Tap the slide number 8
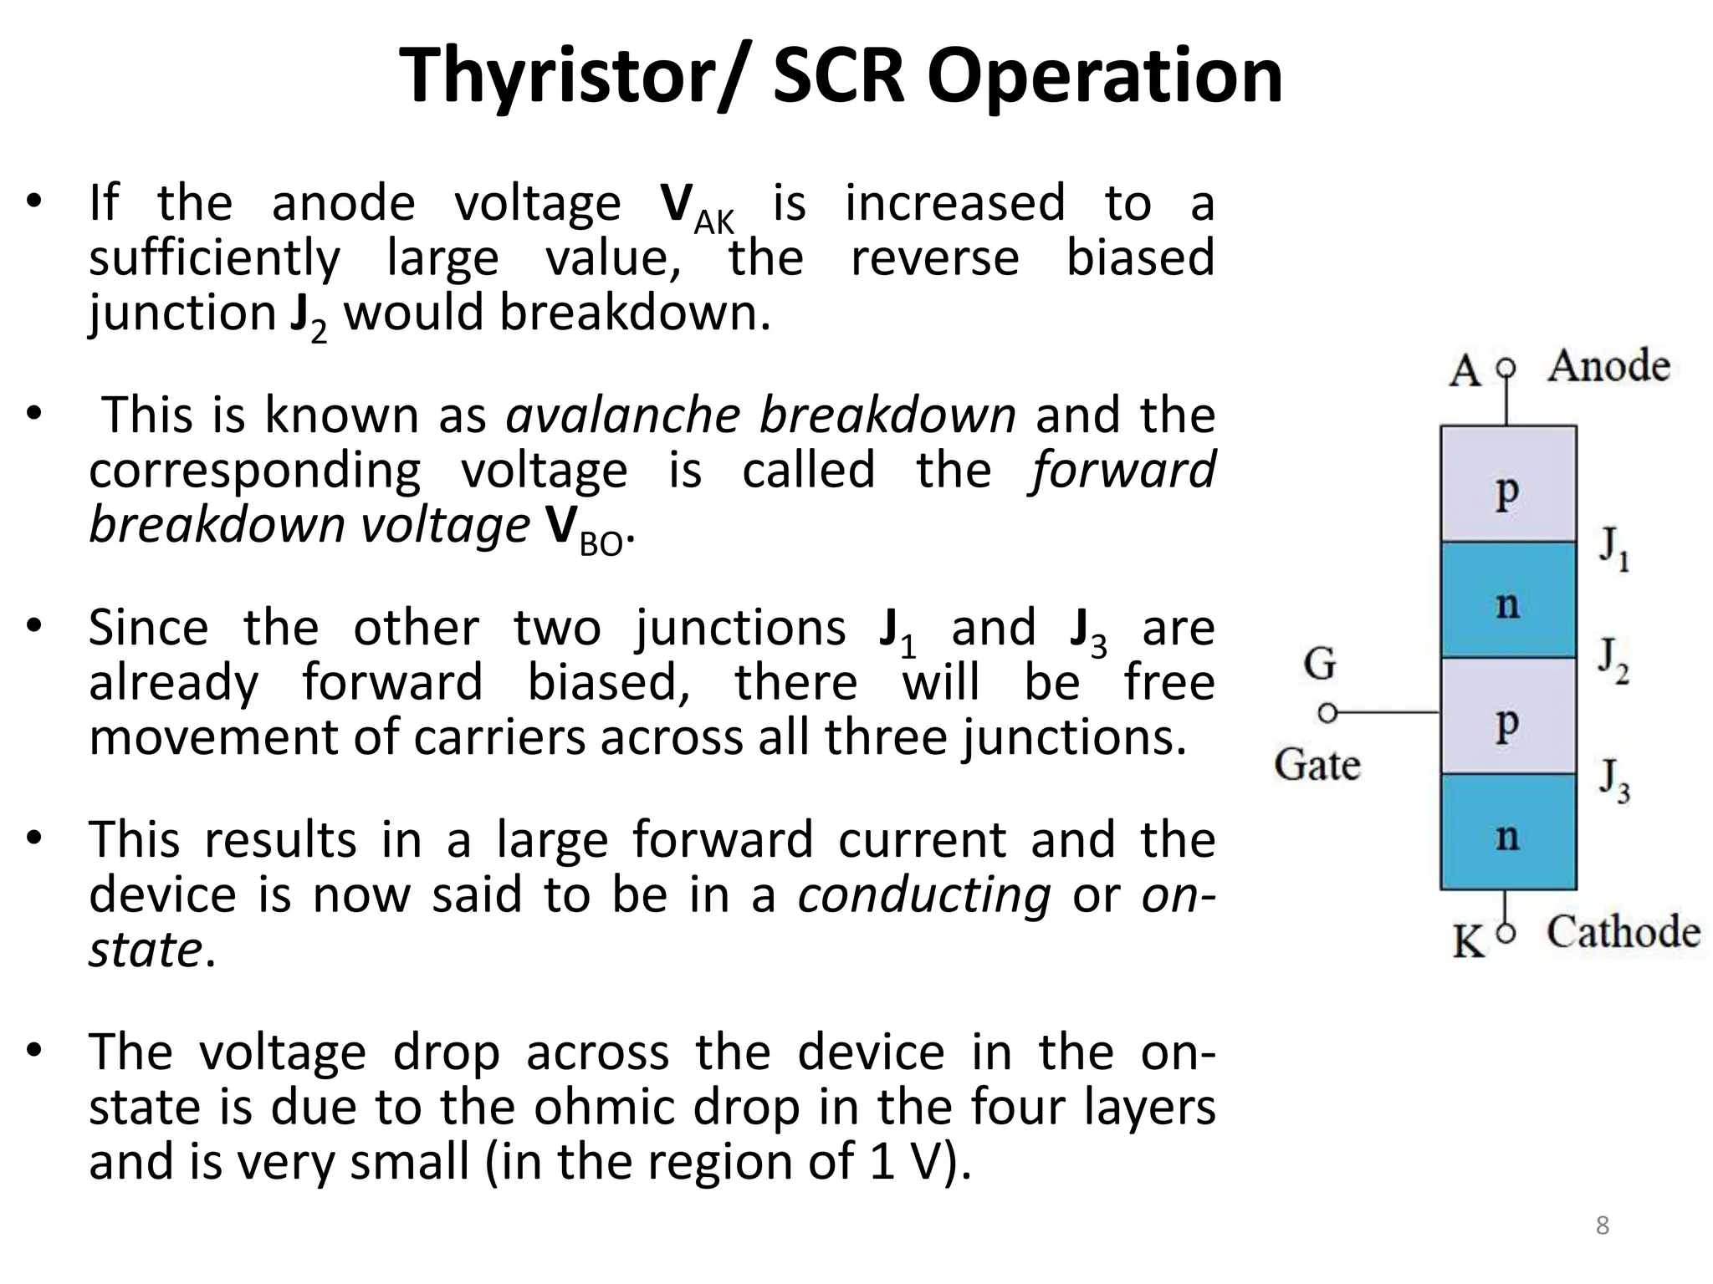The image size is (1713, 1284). pos(1602,1225)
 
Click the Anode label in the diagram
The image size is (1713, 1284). pos(1608,366)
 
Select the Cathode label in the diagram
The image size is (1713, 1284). pos(1622,932)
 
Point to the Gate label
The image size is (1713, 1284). pos(1317,765)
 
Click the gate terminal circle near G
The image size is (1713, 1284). pos(1327,713)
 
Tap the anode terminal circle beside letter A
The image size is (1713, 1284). pos(1506,368)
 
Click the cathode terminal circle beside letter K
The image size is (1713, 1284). pos(1506,935)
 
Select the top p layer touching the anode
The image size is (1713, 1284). pos(1507,485)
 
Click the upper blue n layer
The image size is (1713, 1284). pos(1507,600)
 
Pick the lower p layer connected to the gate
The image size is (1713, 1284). pos(1507,716)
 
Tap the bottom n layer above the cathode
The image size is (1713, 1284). pos(1507,832)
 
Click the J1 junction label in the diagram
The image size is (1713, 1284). pos(1613,548)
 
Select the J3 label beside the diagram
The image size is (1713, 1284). pos(1613,779)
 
